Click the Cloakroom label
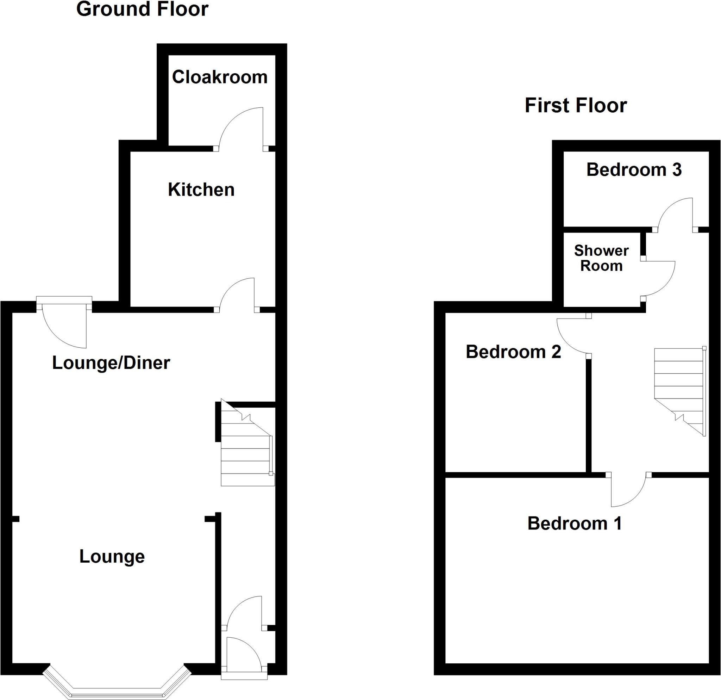pyautogui.click(x=220, y=77)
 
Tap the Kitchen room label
pyautogui.click(x=201, y=190)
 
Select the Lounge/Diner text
pyautogui.click(x=111, y=363)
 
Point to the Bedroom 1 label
pyautogui.click(x=574, y=524)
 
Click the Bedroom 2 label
pyautogui.click(x=513, y=352)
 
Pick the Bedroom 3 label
pyautogui.click(x=634, y=170)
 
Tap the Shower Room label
pyautogui.click(x=601, y=258)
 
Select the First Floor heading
pyautogui.click(x=576, y=106)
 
